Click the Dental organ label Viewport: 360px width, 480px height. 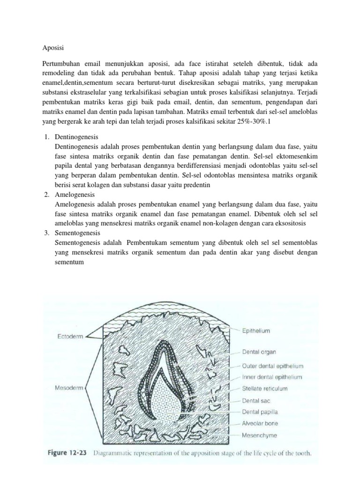tap(260, 351)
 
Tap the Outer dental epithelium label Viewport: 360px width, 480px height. tap(273, 366)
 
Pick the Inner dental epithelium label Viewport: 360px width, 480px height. tap(272, 377)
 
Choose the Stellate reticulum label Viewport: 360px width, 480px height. tap(265, 388)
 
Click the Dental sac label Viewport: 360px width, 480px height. tap(256, 401)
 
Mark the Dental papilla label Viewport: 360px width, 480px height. tap(261, 412)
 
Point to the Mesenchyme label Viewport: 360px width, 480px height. tap(259, 435)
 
